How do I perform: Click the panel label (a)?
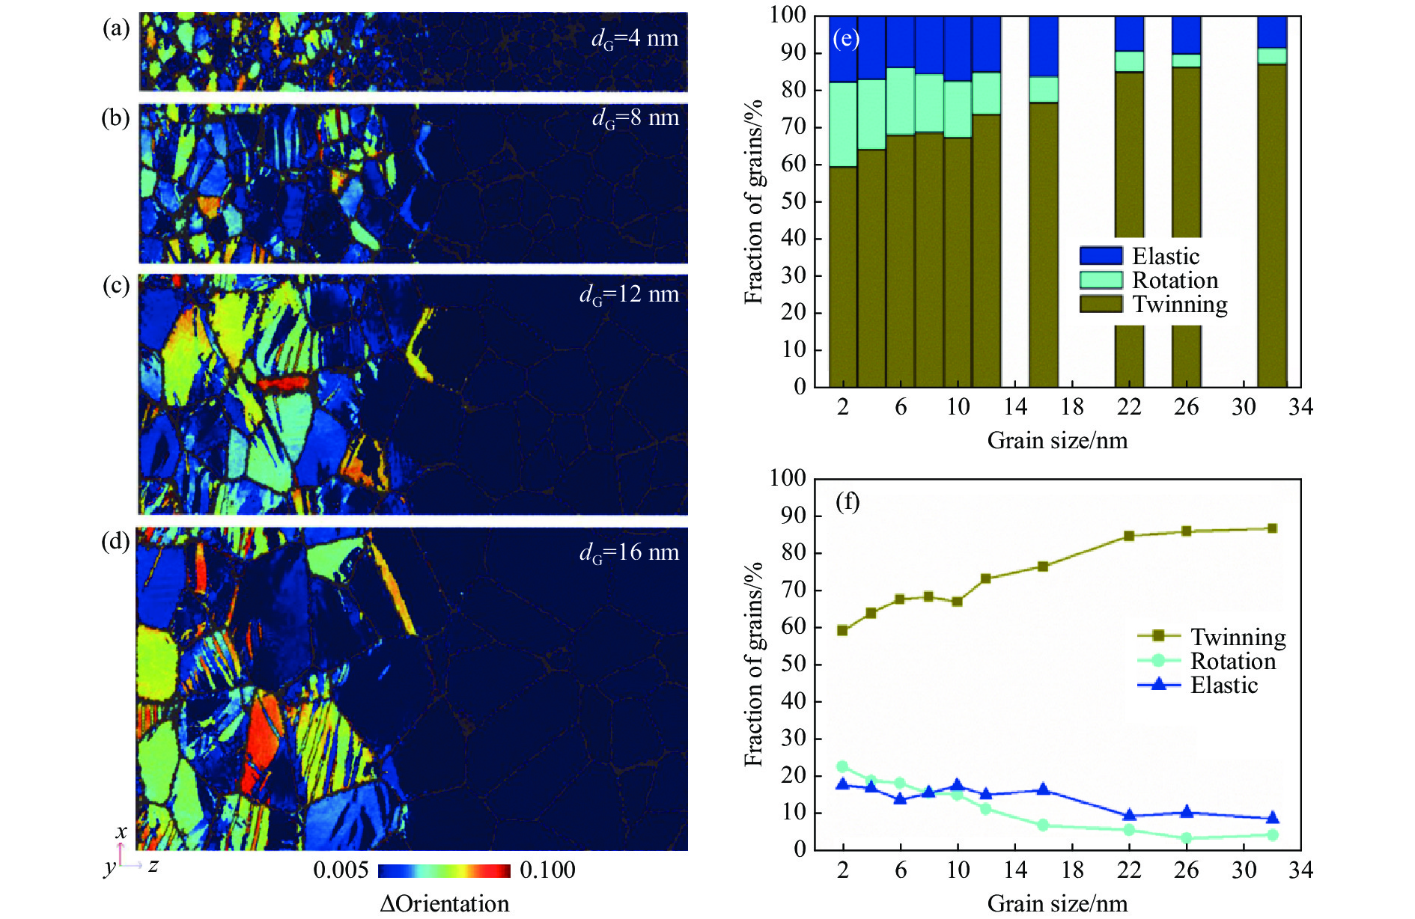[x=116, y=29]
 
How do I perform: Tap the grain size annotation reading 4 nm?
[x=635, y=38]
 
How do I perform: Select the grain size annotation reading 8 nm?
[x=636, y=117]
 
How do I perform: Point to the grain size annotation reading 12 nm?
[x=629, y=294]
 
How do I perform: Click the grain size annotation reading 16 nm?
[x=629, y=552]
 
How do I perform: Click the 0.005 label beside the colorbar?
[x=341, y=870]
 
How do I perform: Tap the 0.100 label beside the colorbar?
[x=547, y=870]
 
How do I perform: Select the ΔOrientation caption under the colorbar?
[x=444, y=903]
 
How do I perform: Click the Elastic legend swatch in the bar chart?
[x=1101, y=256]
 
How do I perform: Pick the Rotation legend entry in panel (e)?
[x=1175, y=280]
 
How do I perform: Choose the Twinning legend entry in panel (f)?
[x=1238, y=637]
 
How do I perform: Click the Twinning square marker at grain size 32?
[x=1272, y=528]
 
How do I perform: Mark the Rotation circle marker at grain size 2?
[x=842, y=766]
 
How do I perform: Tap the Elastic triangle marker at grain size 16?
[x=1043, y=790]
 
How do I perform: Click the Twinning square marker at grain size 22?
[x=1129, y=536]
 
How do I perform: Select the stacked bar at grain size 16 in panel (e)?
[x=1043, y=225]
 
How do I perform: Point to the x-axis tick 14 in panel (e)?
[x=1014, y=406]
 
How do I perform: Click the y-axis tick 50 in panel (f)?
[x=793, y=665]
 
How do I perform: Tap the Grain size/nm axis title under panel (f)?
[x=1057, y=903]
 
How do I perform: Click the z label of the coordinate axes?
[x=153, y=866]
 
